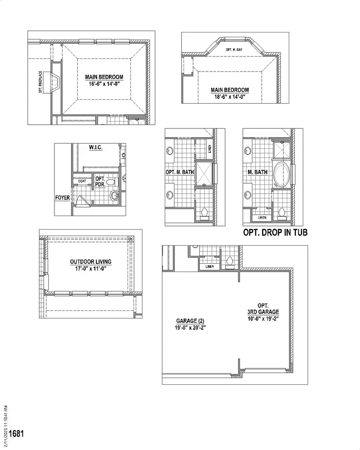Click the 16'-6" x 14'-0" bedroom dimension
[104, 84]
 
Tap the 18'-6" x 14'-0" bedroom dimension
[230, 97]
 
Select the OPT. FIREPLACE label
[40, 82]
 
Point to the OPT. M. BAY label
[234, 50]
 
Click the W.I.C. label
[96, 148]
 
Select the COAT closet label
[82, 181]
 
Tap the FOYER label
[62, 198]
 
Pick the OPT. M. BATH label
[180, 172]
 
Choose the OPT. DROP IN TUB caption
[276, 232]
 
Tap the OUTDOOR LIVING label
[91, 262]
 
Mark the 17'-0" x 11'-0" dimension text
[91, 269]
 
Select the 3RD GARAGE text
[263, 312]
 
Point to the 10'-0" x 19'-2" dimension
[263, 319]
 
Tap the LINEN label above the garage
[210, 266]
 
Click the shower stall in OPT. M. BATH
[204, 174]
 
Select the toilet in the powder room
[111, 182]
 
